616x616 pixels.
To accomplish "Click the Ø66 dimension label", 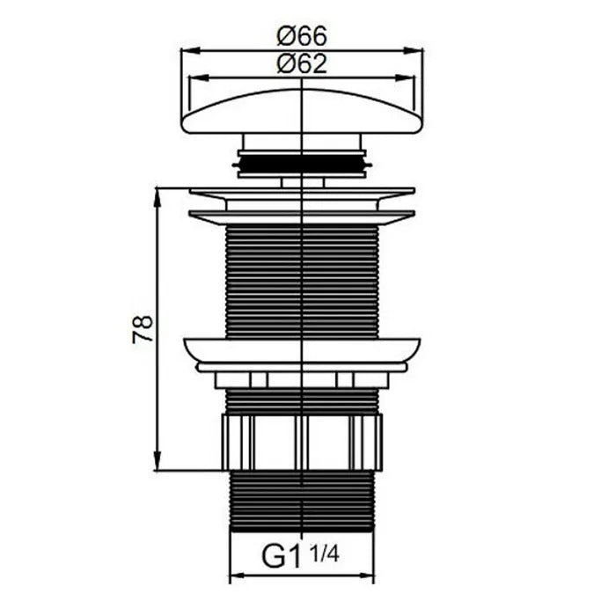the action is pos(302,36).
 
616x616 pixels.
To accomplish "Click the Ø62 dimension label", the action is pos(302,63).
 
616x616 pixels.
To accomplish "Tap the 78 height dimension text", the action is pos(143,329).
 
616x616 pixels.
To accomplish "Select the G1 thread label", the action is pos(281,556).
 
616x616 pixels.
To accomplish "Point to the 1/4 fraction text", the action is pos(324,554).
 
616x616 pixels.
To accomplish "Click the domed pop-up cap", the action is pos(302,112).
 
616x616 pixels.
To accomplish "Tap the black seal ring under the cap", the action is pos(302,164).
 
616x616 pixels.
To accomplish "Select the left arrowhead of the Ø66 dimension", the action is pos(190,50).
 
